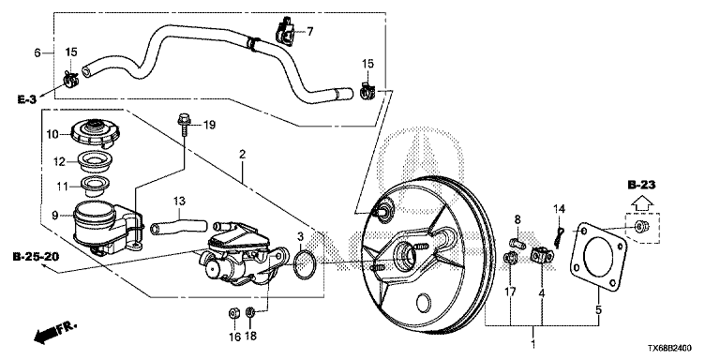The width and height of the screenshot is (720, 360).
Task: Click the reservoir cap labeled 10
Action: (96, 132)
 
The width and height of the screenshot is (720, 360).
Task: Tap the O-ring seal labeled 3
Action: (305, 264)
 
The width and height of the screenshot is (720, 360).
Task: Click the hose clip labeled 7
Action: (285, 32)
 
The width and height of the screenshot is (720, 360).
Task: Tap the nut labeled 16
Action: (233, 314)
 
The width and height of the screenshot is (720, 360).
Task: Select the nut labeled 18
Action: (250, 313)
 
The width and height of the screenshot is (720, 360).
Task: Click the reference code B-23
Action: (641, 186)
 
